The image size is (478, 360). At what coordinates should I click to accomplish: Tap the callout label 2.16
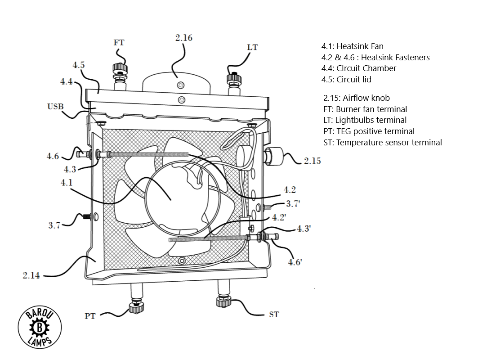(183, 38)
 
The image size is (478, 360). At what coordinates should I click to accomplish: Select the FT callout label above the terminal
(119, 43)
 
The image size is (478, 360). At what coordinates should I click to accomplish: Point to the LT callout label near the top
(252, 47)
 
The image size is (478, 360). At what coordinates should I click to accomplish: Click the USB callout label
(55, 107)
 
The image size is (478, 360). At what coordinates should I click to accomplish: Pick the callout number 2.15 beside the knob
(312, 161)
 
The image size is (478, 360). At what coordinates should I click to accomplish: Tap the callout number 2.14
(31, 275)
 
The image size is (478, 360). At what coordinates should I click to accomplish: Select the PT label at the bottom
(90, 316)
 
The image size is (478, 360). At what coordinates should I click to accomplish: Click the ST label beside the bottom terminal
(274, 315)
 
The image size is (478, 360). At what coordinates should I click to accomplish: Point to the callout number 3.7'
(293, 203)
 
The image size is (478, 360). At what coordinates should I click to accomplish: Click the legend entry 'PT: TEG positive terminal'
(369, 131)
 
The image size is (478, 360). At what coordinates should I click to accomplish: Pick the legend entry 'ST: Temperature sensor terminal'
(382, 143)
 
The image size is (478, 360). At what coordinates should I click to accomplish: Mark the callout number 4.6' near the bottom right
(295, 262)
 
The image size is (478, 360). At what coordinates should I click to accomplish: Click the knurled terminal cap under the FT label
(119, 68)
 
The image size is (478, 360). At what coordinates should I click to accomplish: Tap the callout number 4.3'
(304, 228)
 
